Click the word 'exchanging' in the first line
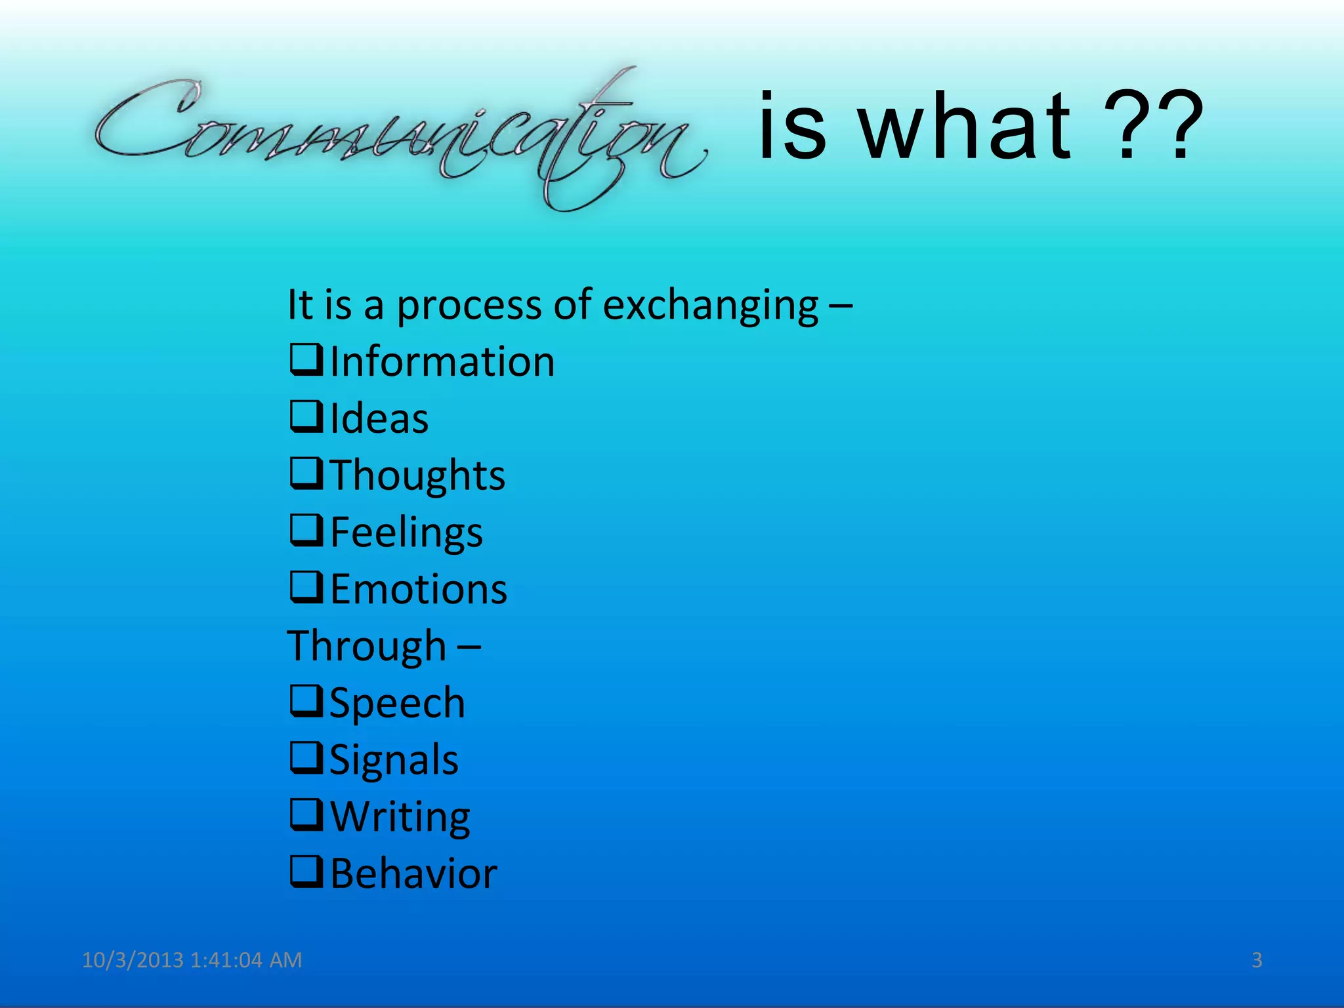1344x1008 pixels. pyautogui.click(x=710, y=306)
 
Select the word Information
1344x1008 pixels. pyautogui.click(x=442, y=362)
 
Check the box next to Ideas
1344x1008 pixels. pyautogui.click(x=306, y=417)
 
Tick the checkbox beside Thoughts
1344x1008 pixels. pyautogui.click(x=306, y=474)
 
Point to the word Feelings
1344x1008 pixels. pyautogui.click(x=406, y=533)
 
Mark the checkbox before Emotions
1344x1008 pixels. pyautogui.click(x=306, y=587)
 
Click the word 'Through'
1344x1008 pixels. pyautogui.click(x=366, y=646)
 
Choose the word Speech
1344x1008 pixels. pyautogui.click(x=397, y=703)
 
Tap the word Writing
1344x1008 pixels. pyautogui.click(x=400, y=817)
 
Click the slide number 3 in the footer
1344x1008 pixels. pyautogui.click(x=1257, y=960)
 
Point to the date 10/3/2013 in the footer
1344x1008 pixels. pyautogui.click(x=133, y=960)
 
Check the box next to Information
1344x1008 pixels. pyautogui.click(x=306, y=360)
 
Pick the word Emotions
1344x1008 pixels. pyautogui.click(x=418, y=589)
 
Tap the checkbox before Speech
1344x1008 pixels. pyautogui.click(x=306, y=701)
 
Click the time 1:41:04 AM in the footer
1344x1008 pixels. pyautogui.click(x=246, y=960)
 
